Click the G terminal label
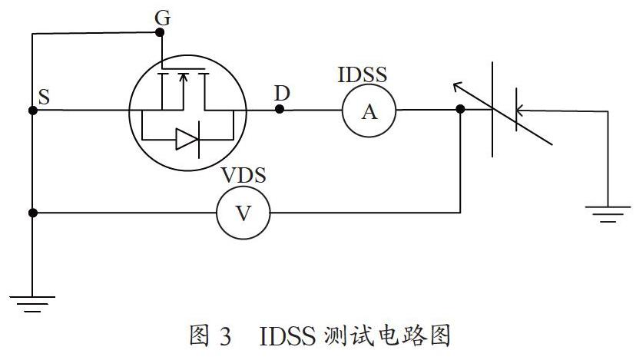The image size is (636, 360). point(162,18)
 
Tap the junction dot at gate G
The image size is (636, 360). point(161,32)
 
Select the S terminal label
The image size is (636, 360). point(44,97)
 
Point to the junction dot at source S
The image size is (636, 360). point(33,111)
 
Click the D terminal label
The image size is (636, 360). point(282,94)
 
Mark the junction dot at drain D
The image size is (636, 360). point(280,109)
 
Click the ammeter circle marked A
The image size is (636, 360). point(369,111)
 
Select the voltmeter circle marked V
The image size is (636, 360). point(243,213)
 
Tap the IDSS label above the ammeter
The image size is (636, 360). point(363,74)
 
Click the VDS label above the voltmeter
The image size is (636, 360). point(243,175)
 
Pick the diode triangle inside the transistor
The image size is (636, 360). point(187,139)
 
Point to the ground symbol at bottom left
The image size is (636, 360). point(32,304)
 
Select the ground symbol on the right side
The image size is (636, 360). point(608,214)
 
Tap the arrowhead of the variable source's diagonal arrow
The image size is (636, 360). point(457,85)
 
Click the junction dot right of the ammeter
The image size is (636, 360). point(460,109)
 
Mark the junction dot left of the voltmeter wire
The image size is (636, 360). point(33,213)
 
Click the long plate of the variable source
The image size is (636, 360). point(492,110)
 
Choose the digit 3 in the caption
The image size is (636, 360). point(226,336)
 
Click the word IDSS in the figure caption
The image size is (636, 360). point(287,335)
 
